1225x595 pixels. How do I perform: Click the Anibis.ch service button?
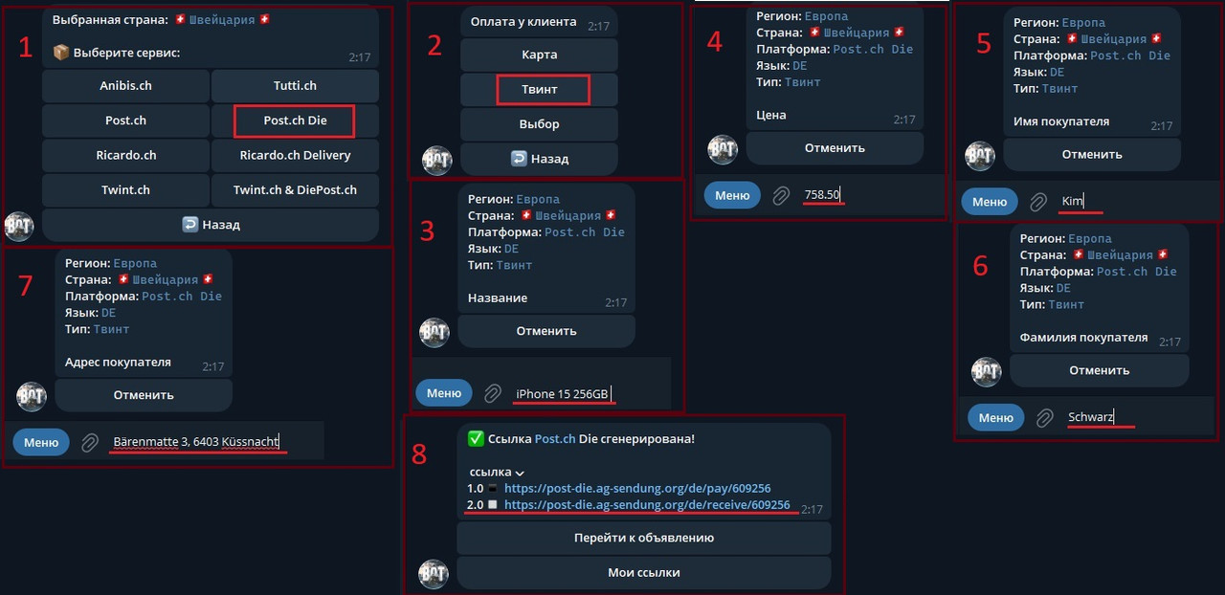coord(125,86)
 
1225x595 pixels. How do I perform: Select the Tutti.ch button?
coord(295,86)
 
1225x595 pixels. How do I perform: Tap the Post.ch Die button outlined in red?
coord(295,121)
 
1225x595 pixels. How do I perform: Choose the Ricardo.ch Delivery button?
coord(295,155)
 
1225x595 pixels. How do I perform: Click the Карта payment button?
coord(539,55)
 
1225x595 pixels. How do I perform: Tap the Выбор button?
coord(539,124)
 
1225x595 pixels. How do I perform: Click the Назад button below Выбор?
coord(539,159)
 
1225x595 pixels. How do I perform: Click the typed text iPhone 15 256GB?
coord(562,394)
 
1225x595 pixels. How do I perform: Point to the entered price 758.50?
coord(822,195)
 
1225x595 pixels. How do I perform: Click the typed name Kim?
coord(1072,201)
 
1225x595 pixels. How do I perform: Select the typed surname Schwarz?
coord(1091,417)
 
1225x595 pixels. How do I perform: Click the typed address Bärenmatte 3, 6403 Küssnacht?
coord(195,442)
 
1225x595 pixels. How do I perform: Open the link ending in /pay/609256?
coord(637,489)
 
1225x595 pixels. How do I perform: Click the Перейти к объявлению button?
coord(643,538)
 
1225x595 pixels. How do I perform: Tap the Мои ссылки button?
coord(643,572)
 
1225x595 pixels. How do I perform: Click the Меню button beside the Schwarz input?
coord(995,417)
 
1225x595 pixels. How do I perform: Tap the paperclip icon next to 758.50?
coord(781,195)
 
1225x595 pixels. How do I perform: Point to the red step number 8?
coord(419,453)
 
